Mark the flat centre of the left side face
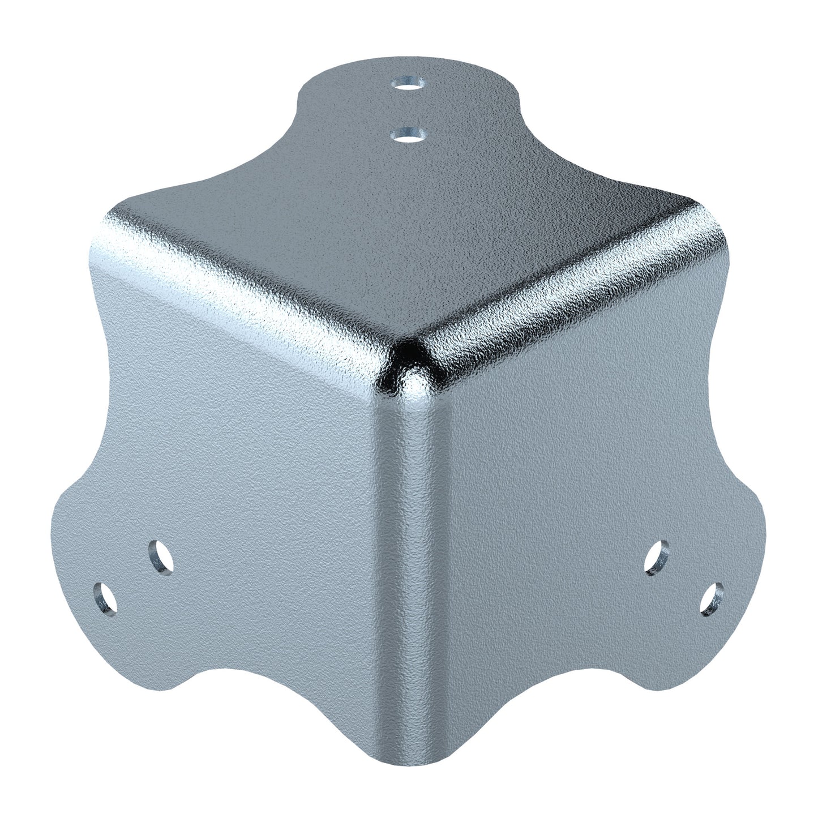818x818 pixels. (249, 453)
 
